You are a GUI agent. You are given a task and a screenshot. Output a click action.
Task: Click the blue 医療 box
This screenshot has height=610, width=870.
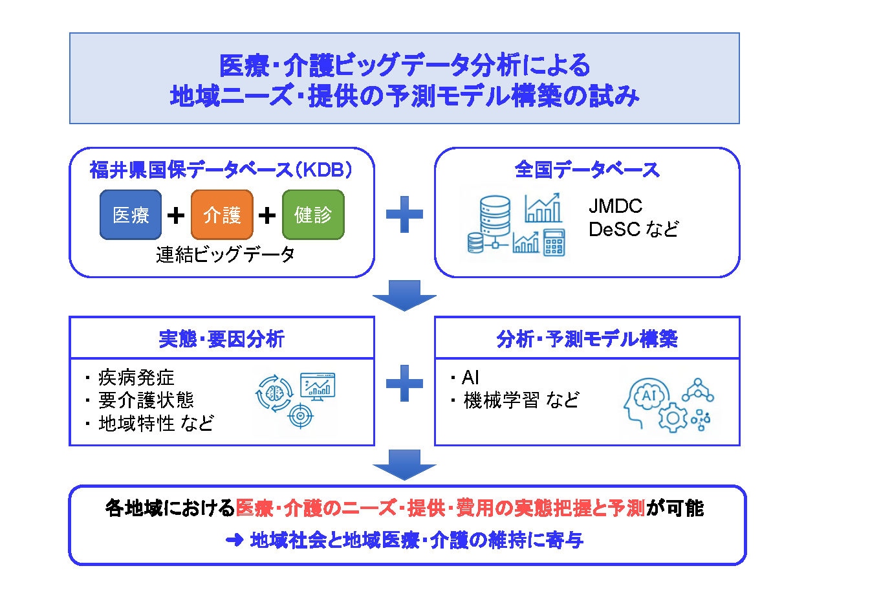tap(131, 215)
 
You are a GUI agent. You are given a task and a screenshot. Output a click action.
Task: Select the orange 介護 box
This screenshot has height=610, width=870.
tap(222, 215)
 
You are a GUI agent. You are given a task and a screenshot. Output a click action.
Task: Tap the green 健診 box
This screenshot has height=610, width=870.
tap(313, 215)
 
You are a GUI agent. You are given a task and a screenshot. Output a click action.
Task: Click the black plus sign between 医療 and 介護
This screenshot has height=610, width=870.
tap(176, 215)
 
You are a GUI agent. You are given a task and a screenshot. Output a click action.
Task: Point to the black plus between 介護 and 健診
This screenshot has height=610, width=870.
tap(267, 215)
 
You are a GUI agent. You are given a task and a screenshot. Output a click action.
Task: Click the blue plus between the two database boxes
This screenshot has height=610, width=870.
tap(404, 215)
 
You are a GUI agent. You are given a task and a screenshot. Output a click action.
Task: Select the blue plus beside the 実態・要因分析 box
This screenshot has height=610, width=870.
tap(404, 383)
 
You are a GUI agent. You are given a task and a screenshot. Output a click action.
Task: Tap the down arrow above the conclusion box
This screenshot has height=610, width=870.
tap(404, 464)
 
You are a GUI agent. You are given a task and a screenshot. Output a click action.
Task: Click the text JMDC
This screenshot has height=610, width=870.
tap(615, 206)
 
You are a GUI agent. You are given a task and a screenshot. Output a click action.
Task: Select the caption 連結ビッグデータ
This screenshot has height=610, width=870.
tap(225, 254)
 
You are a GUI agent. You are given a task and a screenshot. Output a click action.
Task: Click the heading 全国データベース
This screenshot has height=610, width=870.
tap(587, 169)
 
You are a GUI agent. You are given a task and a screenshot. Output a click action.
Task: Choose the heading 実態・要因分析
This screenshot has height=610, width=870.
tap(221, 339)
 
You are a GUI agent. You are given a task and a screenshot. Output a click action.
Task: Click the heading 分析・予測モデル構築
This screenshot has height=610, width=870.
tap(587, 339)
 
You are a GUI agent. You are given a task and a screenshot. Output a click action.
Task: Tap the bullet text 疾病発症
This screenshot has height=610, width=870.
tap(136, 378)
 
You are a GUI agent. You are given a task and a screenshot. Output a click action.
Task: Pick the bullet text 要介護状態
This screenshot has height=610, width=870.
tap(146, 400)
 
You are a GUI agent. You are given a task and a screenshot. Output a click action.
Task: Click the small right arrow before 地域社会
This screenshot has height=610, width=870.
tap(235, 539)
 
